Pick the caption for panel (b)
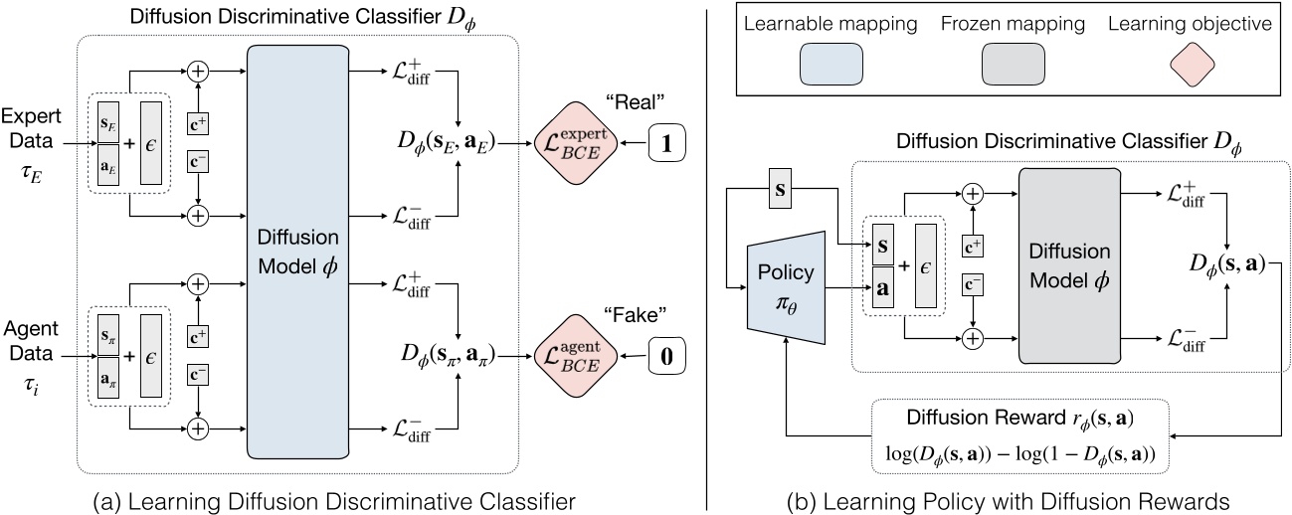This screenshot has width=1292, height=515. (1001, 489)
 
